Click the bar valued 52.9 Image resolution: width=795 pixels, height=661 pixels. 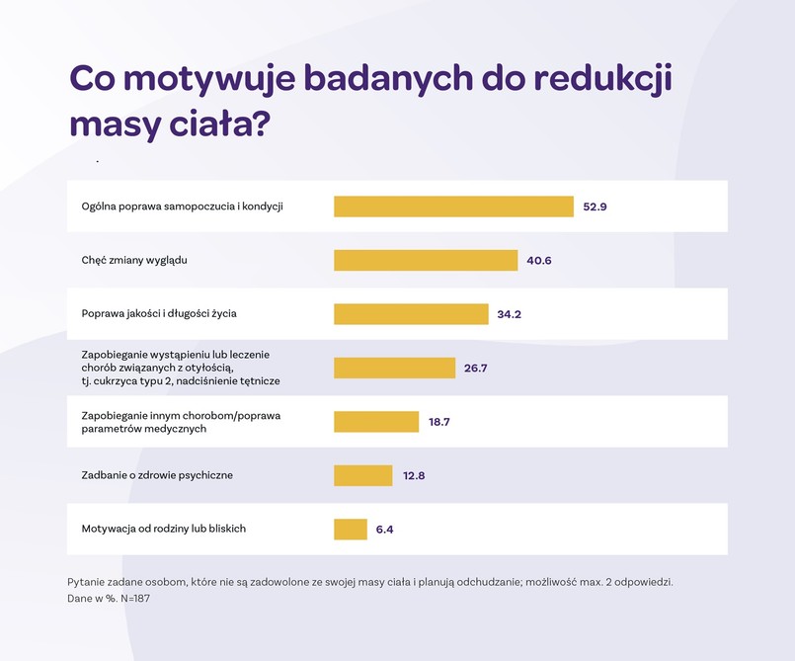tap(453, 207)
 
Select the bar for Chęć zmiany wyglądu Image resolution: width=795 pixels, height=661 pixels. tap(426, 260)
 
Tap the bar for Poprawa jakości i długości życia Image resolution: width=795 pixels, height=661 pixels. tap(411, 314)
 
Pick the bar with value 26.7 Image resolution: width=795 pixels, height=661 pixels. tap(394, 368)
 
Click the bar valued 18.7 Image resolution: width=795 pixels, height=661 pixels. tap(376, 422)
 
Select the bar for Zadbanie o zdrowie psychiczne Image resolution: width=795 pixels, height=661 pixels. tap(362, 475)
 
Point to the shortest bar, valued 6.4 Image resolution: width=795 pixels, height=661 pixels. tap(351, 530)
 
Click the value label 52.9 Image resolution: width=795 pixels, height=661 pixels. tap(595, 207)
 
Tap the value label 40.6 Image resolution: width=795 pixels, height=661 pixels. tap(539, 261)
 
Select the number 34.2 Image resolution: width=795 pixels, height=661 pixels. tap(509, 314)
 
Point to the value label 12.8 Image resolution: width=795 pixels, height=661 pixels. tap(414, 475)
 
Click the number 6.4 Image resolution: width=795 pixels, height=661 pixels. tap(384, 530)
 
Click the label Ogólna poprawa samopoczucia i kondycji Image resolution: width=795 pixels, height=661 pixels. tap(182, 207)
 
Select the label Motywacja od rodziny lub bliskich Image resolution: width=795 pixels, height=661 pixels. tap(163, 529)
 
